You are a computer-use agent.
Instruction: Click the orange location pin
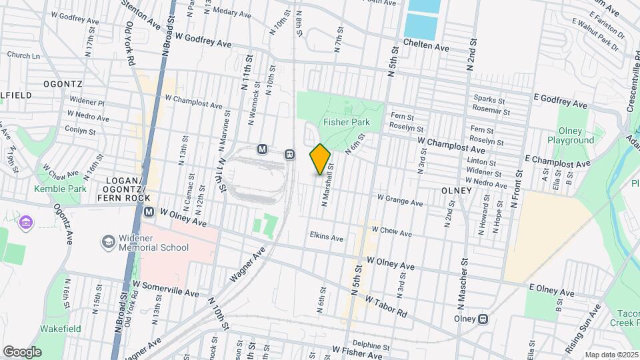tap(321, 159)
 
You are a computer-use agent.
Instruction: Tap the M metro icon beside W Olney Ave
tap(149, 211)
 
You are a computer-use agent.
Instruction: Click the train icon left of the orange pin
tap(290, 154)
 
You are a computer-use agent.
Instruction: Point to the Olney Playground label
tap(570, 136)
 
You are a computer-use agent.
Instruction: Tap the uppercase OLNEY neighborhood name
tap(456, 191)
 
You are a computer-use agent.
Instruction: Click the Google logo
tap(22, 351)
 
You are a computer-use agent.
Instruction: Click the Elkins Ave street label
tap(326, 237)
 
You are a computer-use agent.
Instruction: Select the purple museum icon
tap(26, 221)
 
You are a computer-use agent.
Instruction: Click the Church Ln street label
tap(23, 56)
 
